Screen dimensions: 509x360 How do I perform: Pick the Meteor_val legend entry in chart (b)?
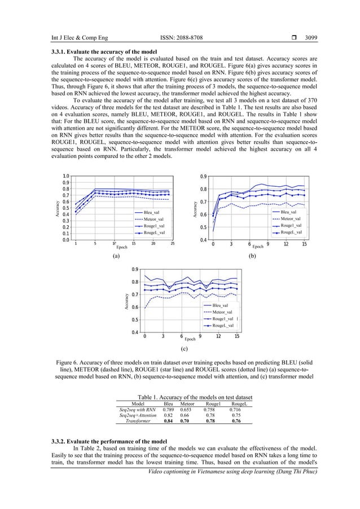(x=291, y=218)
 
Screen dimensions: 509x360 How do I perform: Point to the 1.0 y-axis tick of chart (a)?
(x=67, y=176)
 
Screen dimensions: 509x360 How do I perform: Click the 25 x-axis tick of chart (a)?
(x=173, y=244)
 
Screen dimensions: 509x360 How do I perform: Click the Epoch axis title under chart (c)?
(x=190, y=339)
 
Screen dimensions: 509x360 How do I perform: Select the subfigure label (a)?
(x=116, y=256)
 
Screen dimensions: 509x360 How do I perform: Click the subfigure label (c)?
(x=185, y=349)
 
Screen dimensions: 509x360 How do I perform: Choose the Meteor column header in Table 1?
(x=187, y=403)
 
